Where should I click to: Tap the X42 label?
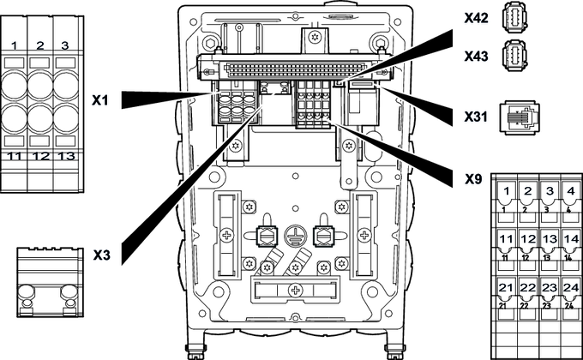pos(476,16)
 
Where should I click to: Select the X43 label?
pos(476,55)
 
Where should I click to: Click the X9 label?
pos(467,180)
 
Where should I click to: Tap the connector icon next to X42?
pos(514,18)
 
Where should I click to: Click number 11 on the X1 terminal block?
pos(15,156)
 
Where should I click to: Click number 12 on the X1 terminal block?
pos(40,156)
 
